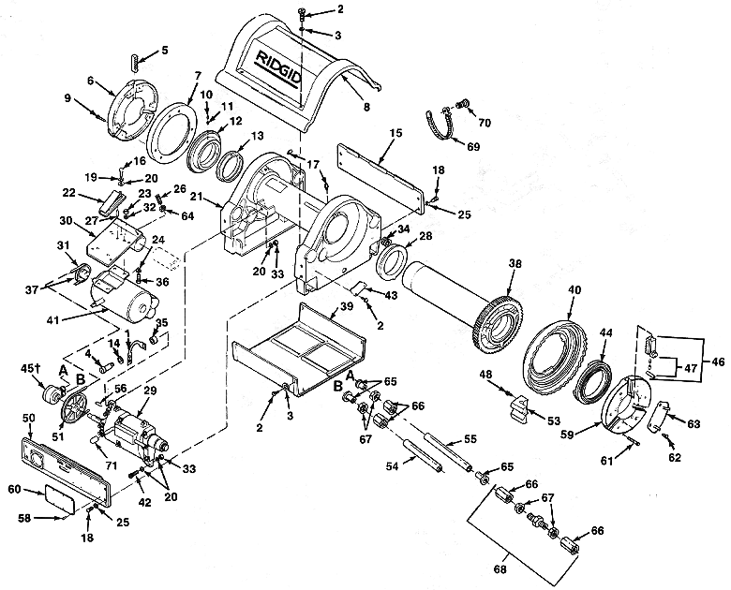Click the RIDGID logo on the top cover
click(277, 74)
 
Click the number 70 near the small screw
click(485, 122)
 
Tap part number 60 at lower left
click(15, 488)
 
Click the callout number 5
click(164, 50)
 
